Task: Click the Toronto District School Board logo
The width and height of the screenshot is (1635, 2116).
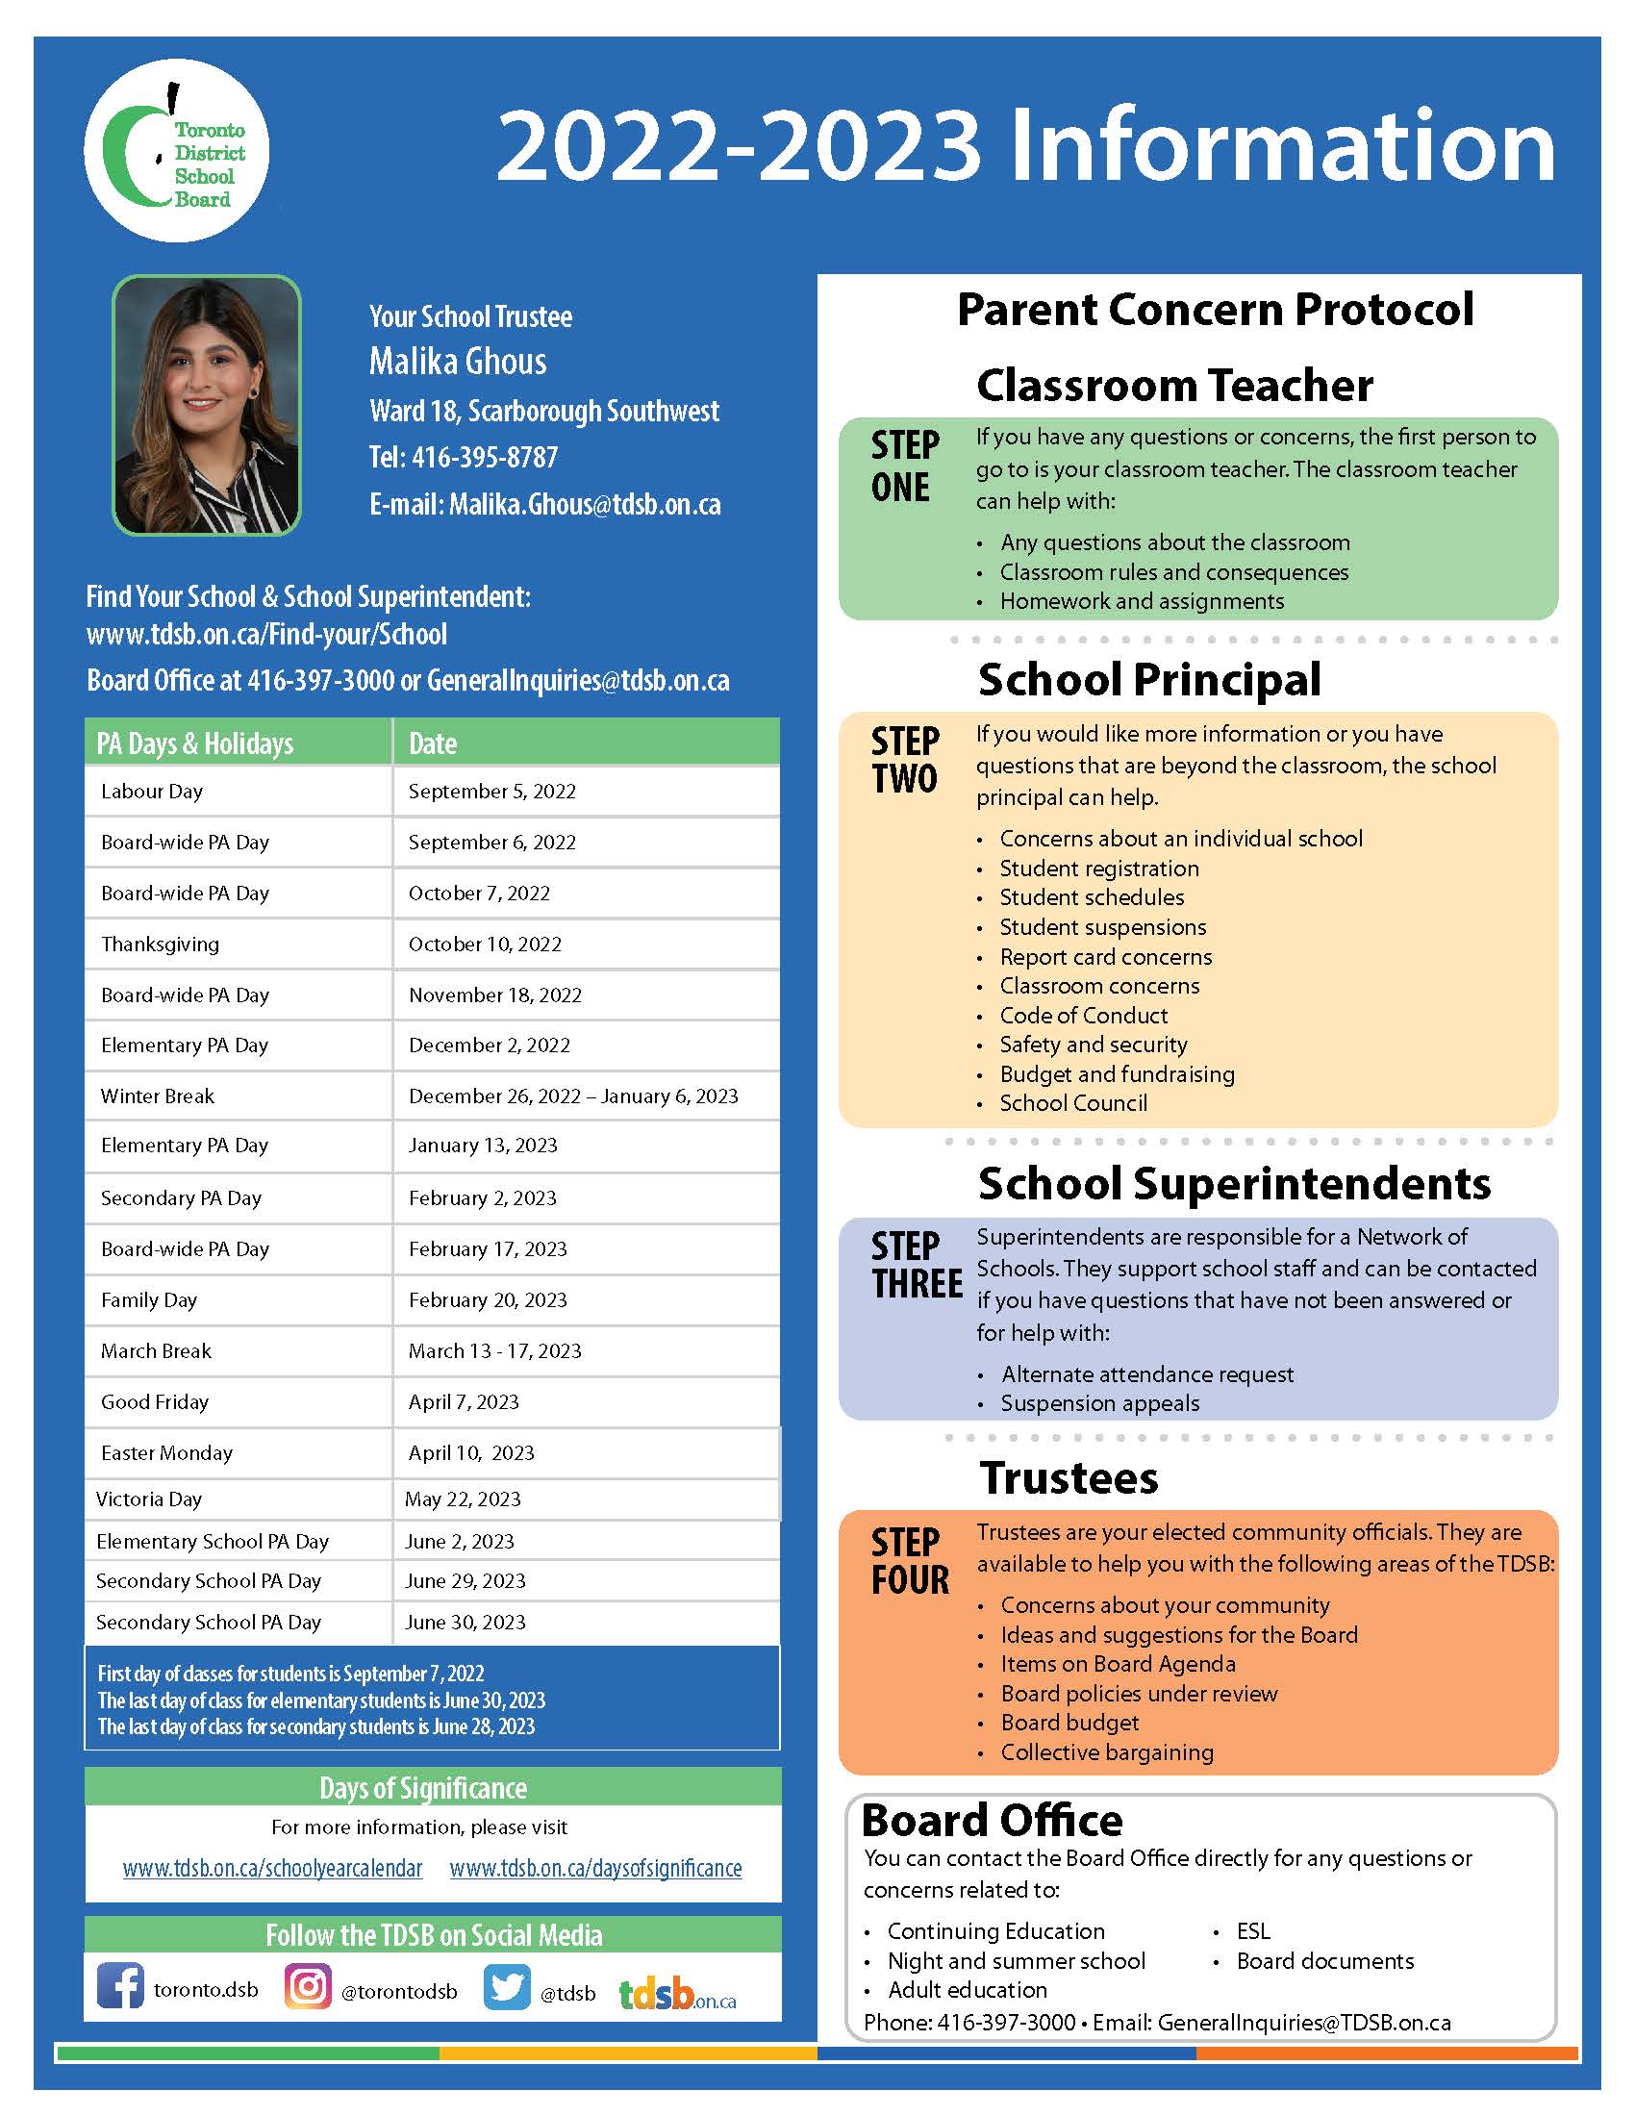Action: click(176, 150)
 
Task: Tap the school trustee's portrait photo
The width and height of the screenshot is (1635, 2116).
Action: click(207, 406)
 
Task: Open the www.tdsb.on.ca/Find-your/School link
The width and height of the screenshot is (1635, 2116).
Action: click(266, 635)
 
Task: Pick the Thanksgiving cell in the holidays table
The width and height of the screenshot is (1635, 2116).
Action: click(161, 944)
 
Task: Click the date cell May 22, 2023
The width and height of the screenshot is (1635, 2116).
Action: click(463, 1499)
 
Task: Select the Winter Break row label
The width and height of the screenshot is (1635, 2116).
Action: click(158, 1096)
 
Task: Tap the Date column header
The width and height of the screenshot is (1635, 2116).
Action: click(433, 743)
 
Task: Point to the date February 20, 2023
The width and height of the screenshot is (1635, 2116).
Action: click(488, 1299)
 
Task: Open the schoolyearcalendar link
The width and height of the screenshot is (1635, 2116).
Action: click(272, 1868)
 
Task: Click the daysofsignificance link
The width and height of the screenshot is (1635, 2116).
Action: click(595, 1868)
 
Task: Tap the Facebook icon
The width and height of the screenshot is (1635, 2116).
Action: click(120, 1985)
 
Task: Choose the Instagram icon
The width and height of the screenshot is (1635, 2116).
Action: click(308, 1986)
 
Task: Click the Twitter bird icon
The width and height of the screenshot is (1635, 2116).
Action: click(507, 1986)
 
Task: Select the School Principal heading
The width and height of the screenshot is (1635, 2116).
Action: click(1148, 679)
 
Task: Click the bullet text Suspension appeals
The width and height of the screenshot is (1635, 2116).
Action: click(1099, 1403)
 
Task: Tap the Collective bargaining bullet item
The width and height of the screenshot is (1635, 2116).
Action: click(1107, 1751)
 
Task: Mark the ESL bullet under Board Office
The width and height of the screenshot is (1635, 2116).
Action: click(1253, 1931)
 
